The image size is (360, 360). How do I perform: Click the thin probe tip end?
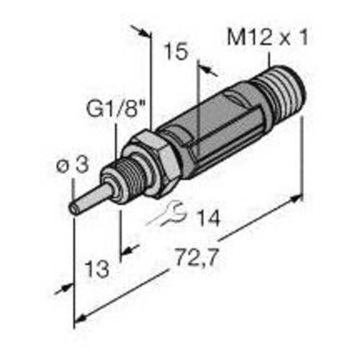pyautogui.click(x=74, y=207)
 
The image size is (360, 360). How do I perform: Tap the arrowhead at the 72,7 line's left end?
pyautogui.click(x=81, y=318)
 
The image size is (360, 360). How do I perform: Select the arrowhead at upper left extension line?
pyautogui.click(x=145, y=33)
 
